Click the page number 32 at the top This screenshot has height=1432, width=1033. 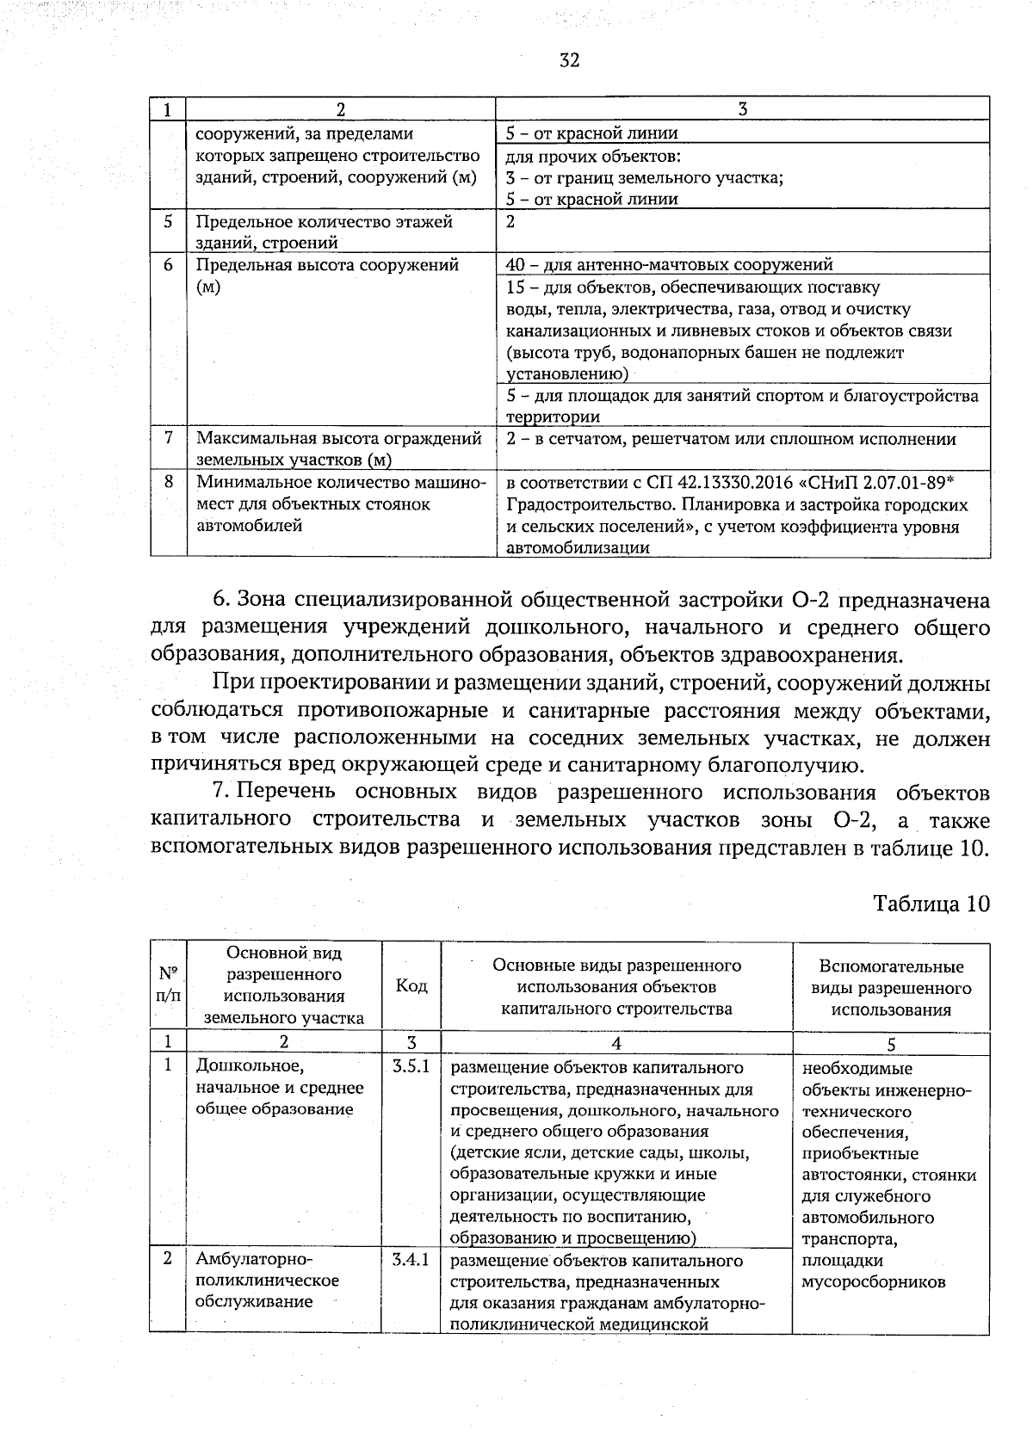point(569,59)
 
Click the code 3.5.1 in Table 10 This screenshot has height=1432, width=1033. point(411,1066)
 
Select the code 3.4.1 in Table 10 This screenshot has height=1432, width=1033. point(411,1260)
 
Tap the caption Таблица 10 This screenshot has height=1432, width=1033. point(931,904)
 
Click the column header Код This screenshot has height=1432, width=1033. point(411,986)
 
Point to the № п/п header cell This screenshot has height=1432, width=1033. point(169,986)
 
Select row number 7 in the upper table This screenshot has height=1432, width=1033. point(169,438)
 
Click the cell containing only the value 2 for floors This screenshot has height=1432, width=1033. point(510,222)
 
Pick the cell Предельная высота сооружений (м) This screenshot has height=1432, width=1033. point(327,275)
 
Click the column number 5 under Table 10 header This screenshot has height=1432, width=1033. point(891,1044)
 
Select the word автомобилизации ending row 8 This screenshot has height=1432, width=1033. point(578,547)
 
